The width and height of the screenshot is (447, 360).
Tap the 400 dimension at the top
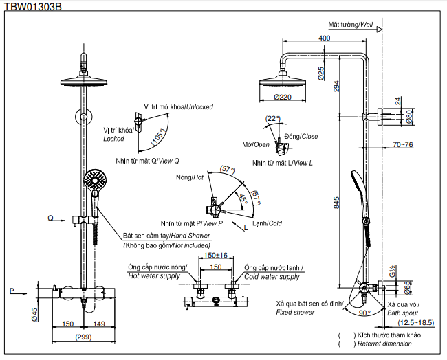tap(325, 38)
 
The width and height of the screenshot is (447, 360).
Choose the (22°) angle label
tap(273, 118)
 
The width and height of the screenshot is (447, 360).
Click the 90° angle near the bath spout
tap(364, 313)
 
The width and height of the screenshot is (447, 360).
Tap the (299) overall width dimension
tap(83, 337)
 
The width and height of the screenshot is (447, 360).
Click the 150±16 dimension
tap(215, 255)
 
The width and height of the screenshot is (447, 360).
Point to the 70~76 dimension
tap(402, 144)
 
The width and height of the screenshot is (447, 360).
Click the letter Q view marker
tap(50, 218)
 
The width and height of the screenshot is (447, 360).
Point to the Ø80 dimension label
tap(408, 116)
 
